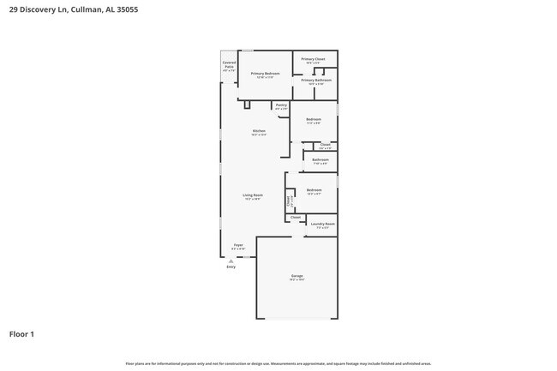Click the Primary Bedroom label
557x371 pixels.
pos(265,74)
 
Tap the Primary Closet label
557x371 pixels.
pos(313,59)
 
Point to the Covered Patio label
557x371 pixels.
pos(229,64)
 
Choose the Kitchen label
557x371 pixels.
pos(259,131)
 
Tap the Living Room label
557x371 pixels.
pos(253,195)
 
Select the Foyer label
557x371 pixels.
pos(238,245)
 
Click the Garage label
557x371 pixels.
pos(296,276)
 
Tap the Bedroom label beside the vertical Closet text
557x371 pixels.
pos(314,190)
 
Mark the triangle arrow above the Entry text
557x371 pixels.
pos(231,260)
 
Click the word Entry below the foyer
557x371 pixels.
pos(231,267)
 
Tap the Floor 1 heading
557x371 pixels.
pos(21,334)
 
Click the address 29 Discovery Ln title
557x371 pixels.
pos(73,9)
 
